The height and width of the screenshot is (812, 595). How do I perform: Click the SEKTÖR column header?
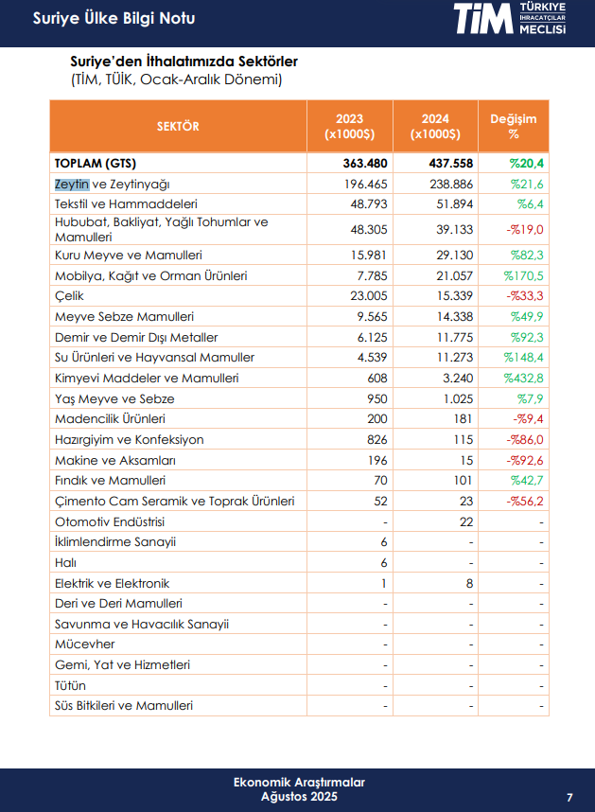178,126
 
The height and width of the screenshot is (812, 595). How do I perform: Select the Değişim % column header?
513,126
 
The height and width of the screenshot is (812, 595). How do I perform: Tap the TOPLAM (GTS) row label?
96,164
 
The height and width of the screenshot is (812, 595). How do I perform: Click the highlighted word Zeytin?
72,184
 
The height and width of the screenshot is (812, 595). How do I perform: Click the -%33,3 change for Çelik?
524,296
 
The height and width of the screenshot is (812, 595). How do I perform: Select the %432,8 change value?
525,379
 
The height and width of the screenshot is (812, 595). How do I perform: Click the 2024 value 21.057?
453,276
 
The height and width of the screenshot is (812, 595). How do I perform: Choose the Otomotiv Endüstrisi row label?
110,521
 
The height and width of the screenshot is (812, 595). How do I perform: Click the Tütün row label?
71,685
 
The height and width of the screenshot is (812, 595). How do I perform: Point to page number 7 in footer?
569,796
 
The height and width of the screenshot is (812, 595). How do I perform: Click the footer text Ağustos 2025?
298,797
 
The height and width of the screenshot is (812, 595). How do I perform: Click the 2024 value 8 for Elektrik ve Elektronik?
469,584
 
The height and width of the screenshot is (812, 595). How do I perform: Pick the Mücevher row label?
85,644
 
